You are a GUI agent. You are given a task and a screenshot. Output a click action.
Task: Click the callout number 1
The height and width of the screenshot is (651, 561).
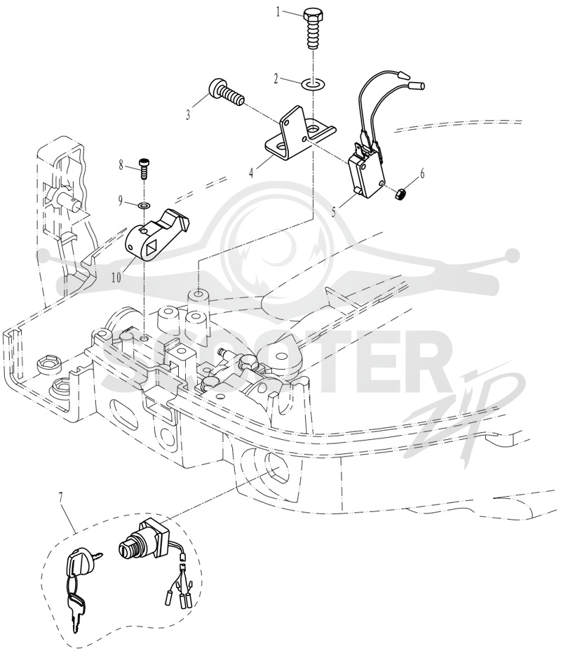[279, 12]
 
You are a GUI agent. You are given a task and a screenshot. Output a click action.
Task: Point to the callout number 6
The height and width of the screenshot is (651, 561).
[422, 173]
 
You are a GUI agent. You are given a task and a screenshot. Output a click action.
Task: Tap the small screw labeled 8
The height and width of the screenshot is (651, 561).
[144, 169]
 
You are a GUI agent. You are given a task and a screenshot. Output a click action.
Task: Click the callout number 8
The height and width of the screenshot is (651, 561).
[121, 166]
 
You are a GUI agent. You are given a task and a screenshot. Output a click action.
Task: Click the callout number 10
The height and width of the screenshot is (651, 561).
[116, 277]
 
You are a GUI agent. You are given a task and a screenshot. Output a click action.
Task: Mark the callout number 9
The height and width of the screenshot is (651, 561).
[121, 201]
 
